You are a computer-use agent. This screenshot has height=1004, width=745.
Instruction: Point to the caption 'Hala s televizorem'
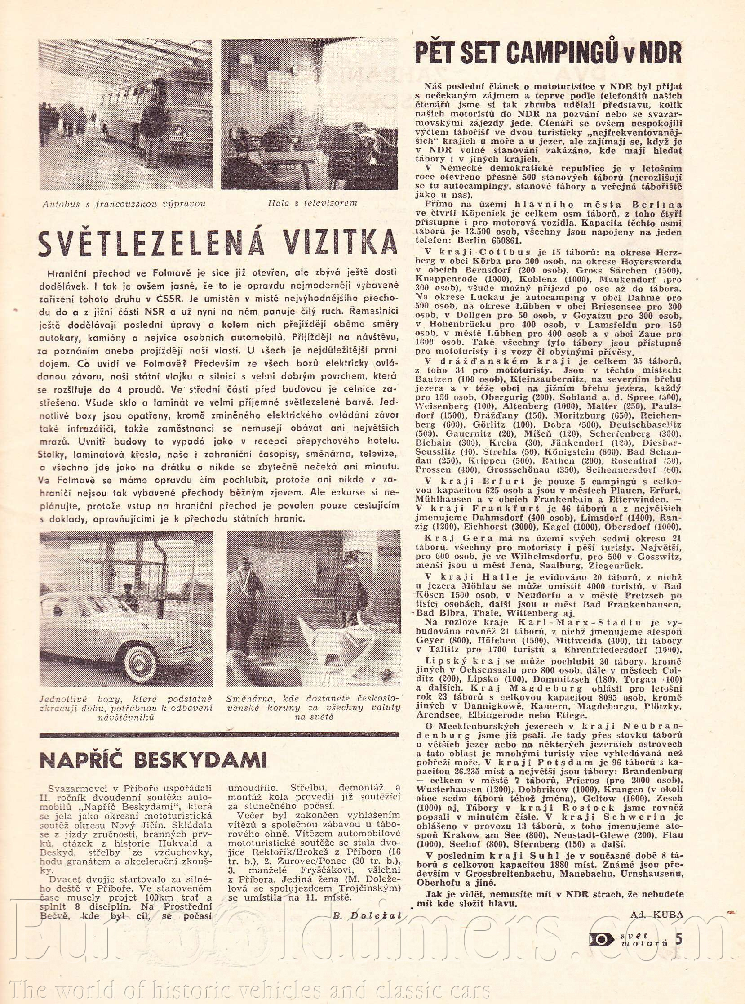[312, 203]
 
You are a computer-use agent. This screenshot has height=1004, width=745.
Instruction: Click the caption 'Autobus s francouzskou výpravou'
[124, 204]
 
